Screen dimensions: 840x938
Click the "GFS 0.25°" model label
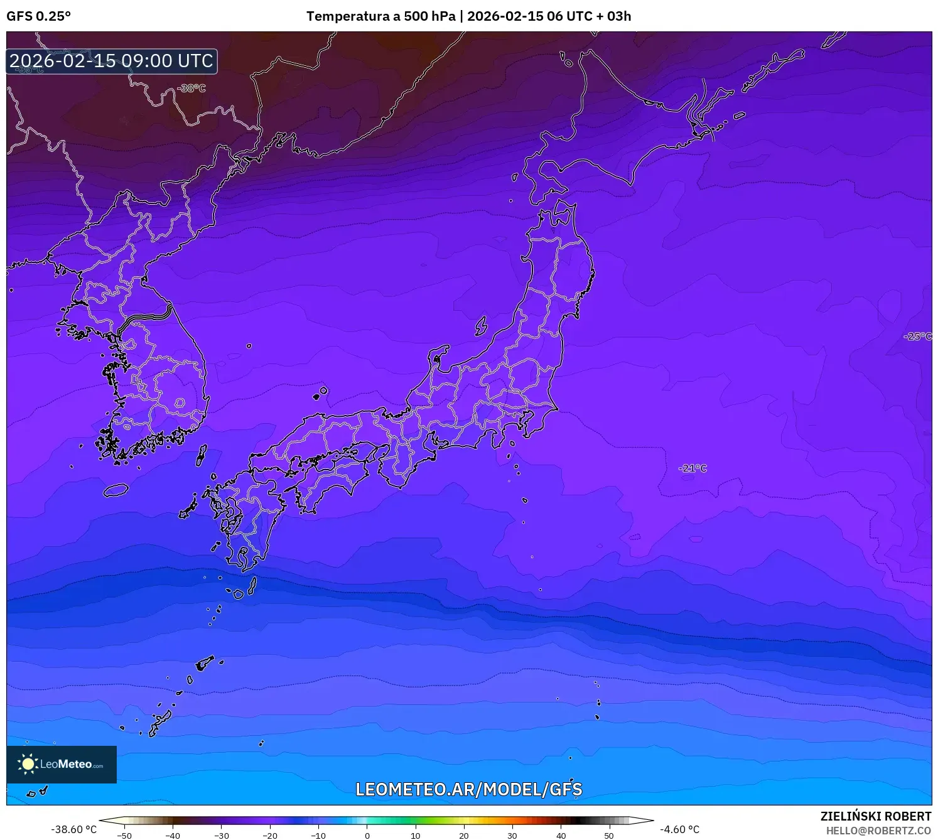(38, 16)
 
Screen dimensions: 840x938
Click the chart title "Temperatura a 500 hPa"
(380, 16)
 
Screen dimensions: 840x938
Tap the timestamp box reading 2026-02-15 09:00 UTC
(112, 61)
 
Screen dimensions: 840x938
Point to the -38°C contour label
(191, 89)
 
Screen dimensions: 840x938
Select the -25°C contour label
(917, 337)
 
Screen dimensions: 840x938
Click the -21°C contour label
(693, 468)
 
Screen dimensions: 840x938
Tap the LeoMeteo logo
(62, 764)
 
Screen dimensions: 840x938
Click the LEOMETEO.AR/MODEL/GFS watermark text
(469, 789)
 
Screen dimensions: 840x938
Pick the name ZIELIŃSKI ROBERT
(876, 816)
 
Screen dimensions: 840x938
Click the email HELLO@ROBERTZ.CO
(878, 831)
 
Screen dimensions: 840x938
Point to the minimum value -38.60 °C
(74, 829)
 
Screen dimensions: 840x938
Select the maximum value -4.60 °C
(679, 829)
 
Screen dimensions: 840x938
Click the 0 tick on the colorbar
(367, 836)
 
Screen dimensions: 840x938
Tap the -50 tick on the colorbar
(124, 836)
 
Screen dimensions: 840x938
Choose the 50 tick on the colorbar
(609, 836)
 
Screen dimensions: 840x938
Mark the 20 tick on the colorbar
(464, 836)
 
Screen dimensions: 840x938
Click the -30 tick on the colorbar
(222, 836)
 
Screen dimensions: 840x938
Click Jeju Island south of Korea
(116, 490)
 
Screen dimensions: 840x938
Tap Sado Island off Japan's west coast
(481, 326)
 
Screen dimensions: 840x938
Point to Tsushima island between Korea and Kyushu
(202, 455)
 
